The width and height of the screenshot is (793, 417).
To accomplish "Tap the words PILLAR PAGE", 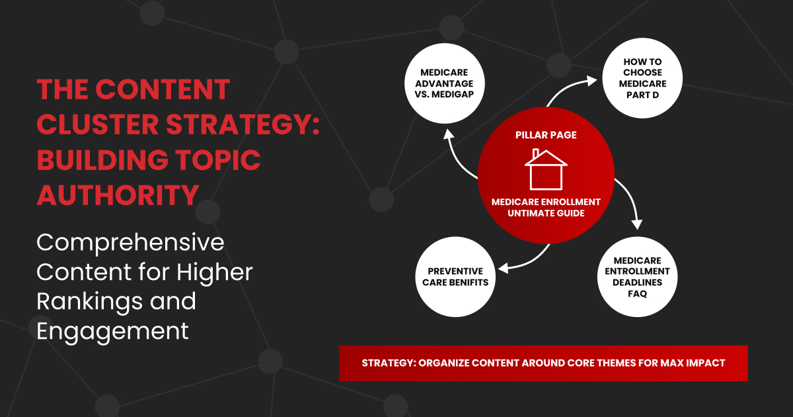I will click(x=546, y=135).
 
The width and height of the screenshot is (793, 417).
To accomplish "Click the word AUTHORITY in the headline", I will click(x=118, y=194).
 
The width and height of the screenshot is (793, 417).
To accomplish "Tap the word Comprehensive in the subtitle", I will click(x=131, y=243).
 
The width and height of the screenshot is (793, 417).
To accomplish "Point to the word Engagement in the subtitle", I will click(x=113, y=330).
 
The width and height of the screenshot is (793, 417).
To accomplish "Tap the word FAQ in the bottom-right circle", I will click(x=637, y=293).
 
